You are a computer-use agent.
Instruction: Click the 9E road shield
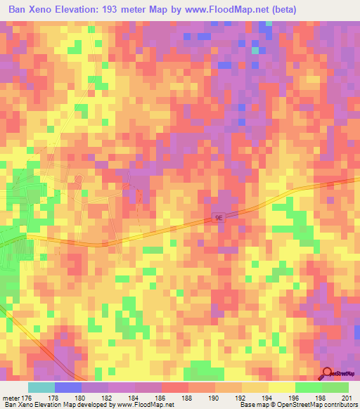click(218, 218)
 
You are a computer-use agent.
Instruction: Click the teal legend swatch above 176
click(41, 387)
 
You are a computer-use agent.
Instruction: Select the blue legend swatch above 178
click(68, 387)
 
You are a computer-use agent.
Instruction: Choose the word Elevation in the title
click(79, 9)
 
